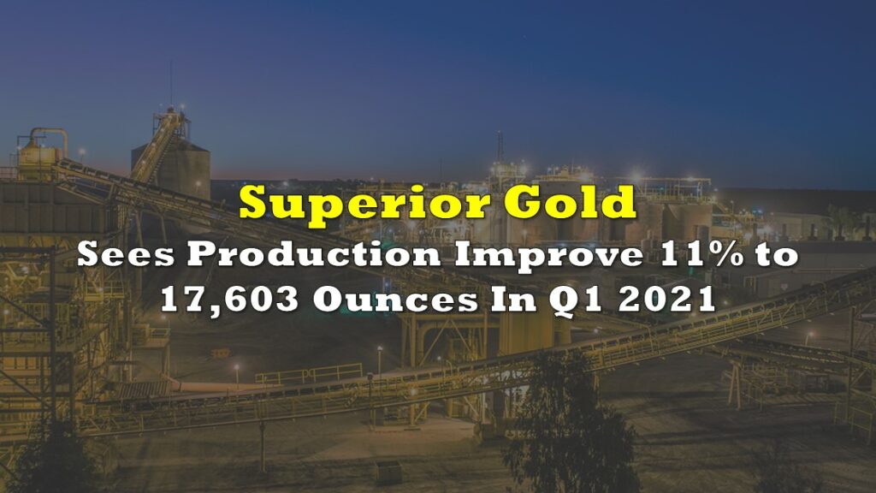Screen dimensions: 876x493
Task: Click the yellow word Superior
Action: coord(364,204)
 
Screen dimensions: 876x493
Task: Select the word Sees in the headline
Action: coord(126,254)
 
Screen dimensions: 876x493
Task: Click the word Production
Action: coord(314,255)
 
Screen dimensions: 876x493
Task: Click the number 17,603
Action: coord(229,300)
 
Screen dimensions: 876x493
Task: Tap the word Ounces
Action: coord(395,300)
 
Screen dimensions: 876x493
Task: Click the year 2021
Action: coord(666,300)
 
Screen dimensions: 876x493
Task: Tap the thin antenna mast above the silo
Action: coord(171,84)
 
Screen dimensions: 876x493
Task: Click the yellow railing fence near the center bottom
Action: coord(309,373)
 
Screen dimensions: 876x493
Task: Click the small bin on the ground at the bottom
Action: coord(388,472)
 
